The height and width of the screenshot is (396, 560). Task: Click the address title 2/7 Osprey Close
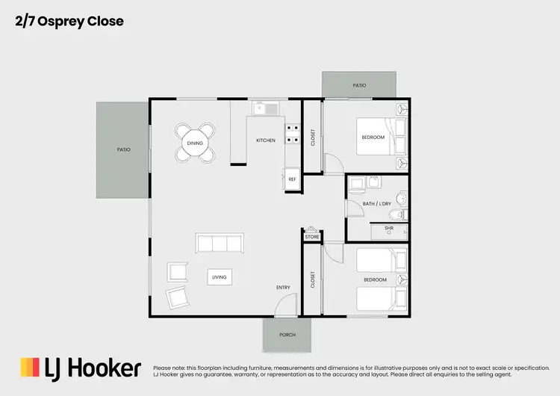tap(69, 22)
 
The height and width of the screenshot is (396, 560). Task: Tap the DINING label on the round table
tap(195, 143)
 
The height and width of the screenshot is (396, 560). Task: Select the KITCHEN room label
tap(266, 140)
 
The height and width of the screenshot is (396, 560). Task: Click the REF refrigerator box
tap(292, 179)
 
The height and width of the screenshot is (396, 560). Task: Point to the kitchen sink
tap(264, 109)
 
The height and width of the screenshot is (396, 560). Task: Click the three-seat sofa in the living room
tap(219, 244)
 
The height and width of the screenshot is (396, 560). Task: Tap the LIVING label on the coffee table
tap(219, 277)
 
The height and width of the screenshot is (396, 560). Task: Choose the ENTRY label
tap(283, 288)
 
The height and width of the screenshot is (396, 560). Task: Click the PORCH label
tap(287, 335)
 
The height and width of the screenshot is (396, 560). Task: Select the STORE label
tap(312, 237)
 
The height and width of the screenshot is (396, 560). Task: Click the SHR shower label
tap(389, 228)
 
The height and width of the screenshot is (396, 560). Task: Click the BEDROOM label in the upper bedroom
tap(373, 137)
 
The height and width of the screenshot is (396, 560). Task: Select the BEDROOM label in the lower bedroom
tap(375, 280)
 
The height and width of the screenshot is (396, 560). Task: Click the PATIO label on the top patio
tap(359, 85)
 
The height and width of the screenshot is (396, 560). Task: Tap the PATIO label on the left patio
tap(124, 149)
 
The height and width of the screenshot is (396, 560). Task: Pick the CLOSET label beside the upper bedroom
tap(313, 137)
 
